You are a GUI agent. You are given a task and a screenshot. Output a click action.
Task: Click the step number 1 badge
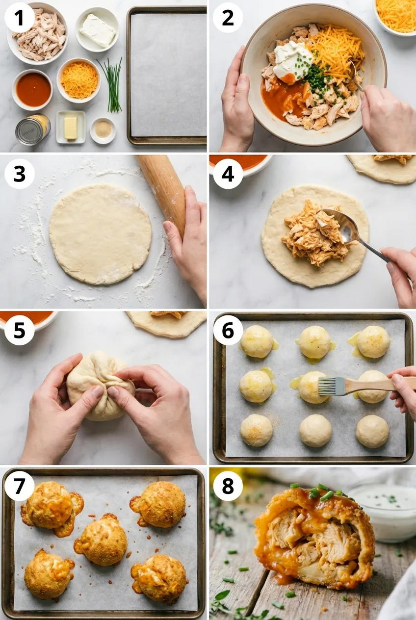(x=20, y=19)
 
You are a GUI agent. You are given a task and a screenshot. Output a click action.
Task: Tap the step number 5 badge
(x=20, y=330)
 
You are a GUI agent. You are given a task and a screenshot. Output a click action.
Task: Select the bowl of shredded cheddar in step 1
(x=79, y=80)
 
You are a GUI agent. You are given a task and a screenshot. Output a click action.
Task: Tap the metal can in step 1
(x=32, y=129)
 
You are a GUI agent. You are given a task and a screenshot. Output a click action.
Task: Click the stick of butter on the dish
(x=71, y=128)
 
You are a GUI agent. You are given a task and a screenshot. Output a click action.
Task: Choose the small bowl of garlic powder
(x=103, y=130)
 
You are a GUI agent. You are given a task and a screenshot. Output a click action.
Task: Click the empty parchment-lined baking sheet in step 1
(x=167, y=75)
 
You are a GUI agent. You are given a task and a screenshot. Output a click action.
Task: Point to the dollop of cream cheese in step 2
(x=292, y=59)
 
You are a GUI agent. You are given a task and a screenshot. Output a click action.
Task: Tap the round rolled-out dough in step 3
(x=101, y=233)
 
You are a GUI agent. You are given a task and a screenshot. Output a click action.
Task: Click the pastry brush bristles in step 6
(x=327, y=386)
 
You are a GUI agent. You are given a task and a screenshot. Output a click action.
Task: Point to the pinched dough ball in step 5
(x=99, y=385)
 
